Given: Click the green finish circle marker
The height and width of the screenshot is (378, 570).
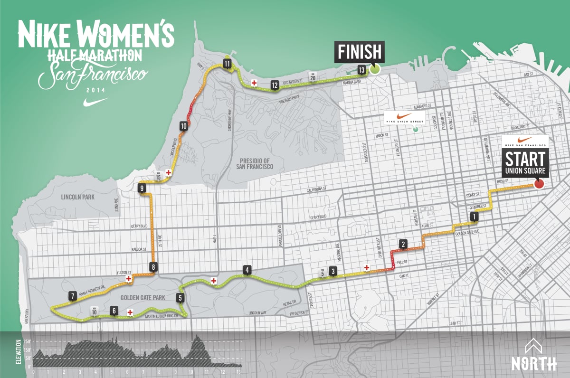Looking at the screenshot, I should click(375, 69).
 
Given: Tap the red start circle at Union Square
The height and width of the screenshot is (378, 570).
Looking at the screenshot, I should click(539, 184).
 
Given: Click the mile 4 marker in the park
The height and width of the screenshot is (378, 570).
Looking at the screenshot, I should click(247, 270).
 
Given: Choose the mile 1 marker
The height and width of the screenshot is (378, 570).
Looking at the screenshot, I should click(474, 217).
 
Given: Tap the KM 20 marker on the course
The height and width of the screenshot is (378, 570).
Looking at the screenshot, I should click(313, 78).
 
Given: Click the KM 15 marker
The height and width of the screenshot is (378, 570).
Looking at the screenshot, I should click(159, 176).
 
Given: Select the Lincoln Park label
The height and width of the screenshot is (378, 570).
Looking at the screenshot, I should click(79, 197).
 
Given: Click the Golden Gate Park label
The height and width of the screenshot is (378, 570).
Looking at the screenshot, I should click(136, 297).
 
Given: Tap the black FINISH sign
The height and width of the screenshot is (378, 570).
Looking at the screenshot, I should click(360, 51).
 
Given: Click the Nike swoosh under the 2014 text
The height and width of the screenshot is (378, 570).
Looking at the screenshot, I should click(95, 102).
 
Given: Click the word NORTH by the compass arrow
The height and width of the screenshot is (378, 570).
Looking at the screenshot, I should click(534, 363).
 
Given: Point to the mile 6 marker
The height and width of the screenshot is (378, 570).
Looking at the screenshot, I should click(114, 311).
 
